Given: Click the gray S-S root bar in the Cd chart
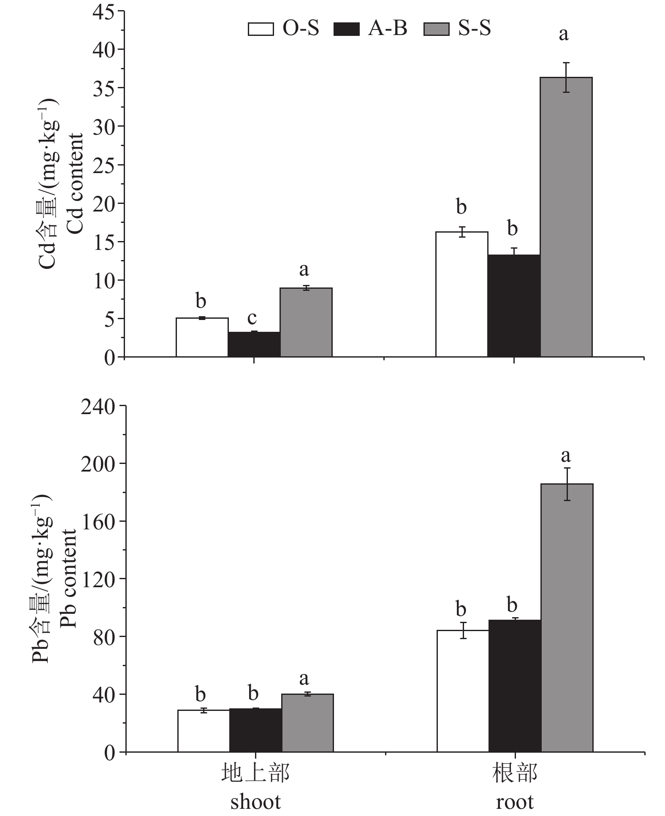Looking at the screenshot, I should (566, 217).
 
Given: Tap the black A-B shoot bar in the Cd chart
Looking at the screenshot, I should (254, 344).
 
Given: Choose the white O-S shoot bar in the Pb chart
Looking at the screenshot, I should (204, 731).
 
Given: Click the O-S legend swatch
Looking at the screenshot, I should (261, 29).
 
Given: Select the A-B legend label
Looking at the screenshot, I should (388, 29).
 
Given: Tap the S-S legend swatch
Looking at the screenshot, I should (436, 29).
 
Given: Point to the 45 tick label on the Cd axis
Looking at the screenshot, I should (103, 11).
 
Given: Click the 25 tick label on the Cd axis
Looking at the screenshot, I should (103, 165).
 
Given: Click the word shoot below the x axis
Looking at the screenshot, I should (255, 802).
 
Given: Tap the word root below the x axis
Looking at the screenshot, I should (515, 802).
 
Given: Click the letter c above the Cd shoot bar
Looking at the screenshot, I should (252, 317).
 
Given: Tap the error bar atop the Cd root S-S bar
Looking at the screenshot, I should (566, 77).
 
